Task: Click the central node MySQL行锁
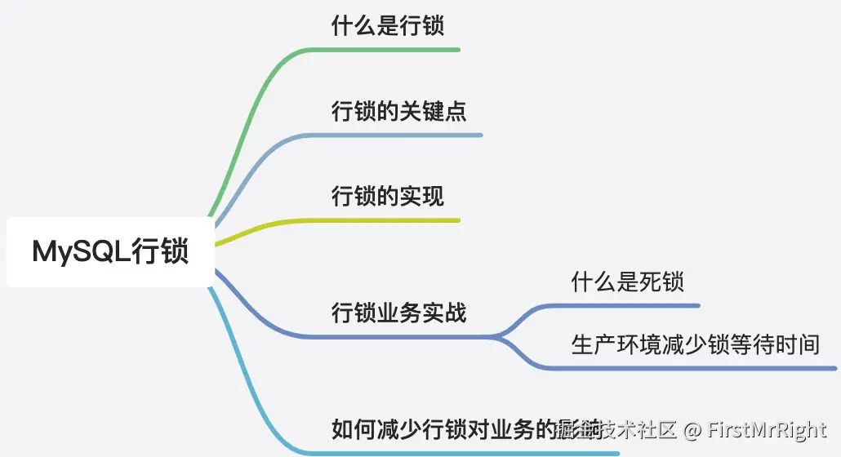click(x=110, y=251)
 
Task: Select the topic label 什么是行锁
click(x=388, y=26)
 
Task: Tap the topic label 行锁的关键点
click(x=398, y=111)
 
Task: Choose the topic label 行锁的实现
click(x=388, y=196)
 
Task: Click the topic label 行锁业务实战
click(x=398, y=312)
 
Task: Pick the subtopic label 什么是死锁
click(x=627, y=282)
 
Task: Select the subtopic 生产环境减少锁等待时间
click(x=695, y=344)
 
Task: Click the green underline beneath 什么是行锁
click(x=392, y=50)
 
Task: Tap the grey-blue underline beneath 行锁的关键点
click(x=408, y=135)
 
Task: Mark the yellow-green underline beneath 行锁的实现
click(x=392, y=220)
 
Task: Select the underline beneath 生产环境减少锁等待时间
click(x=694, y=368)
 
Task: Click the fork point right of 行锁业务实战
click(x=500, y=335)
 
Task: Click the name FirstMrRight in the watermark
click(x=767, y=429)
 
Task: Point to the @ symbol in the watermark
click(x=692, y=429)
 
